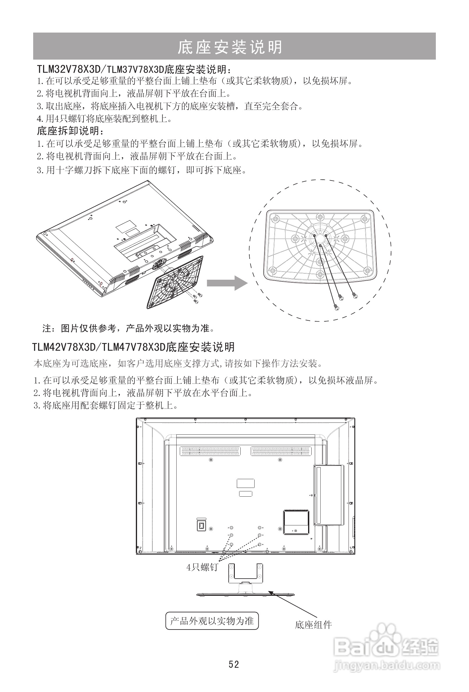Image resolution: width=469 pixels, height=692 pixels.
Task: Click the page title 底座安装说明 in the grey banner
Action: (x=230, y=47)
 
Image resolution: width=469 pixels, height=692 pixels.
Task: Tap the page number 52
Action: (x=234, y=665)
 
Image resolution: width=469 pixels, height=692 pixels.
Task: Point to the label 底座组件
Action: (x=313, y=625)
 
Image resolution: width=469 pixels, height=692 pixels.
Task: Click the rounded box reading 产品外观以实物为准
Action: (x=212, y=621)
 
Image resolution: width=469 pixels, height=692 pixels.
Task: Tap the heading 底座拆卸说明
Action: (x=70, y=131)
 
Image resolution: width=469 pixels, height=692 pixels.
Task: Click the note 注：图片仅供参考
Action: (x=128, y=328)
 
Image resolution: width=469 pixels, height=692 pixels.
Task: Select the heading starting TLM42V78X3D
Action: (x=133, y=347)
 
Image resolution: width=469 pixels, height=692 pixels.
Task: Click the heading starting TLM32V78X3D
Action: (x=134, y=69)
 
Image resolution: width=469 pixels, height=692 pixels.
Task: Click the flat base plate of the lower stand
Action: (x=246, y=595)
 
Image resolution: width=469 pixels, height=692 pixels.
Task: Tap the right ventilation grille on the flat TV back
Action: (x=281, y=452)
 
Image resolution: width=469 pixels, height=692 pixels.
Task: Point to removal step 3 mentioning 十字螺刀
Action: (x=141, y=170)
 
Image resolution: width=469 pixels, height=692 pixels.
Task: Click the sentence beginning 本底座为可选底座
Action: (x=178, y=363)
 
